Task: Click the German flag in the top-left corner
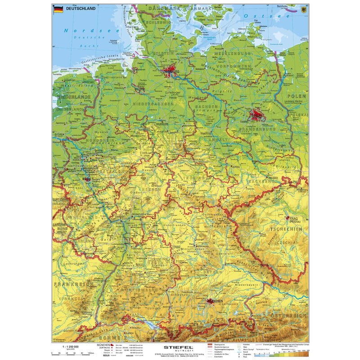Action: tap(58, 9)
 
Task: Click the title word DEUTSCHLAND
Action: tap(81, 9)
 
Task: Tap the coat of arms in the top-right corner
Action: tap(302, 9)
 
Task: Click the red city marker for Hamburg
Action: tap(170, 72)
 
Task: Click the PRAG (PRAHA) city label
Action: tap(295, 220)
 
